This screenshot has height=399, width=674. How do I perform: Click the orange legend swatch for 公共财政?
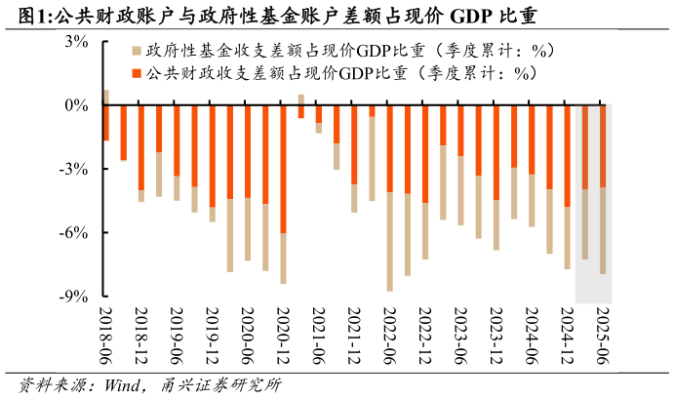pyautogui.click(x=137, y=73)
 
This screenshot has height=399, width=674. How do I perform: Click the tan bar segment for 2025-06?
pyautogui.click(x=602, y=230)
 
